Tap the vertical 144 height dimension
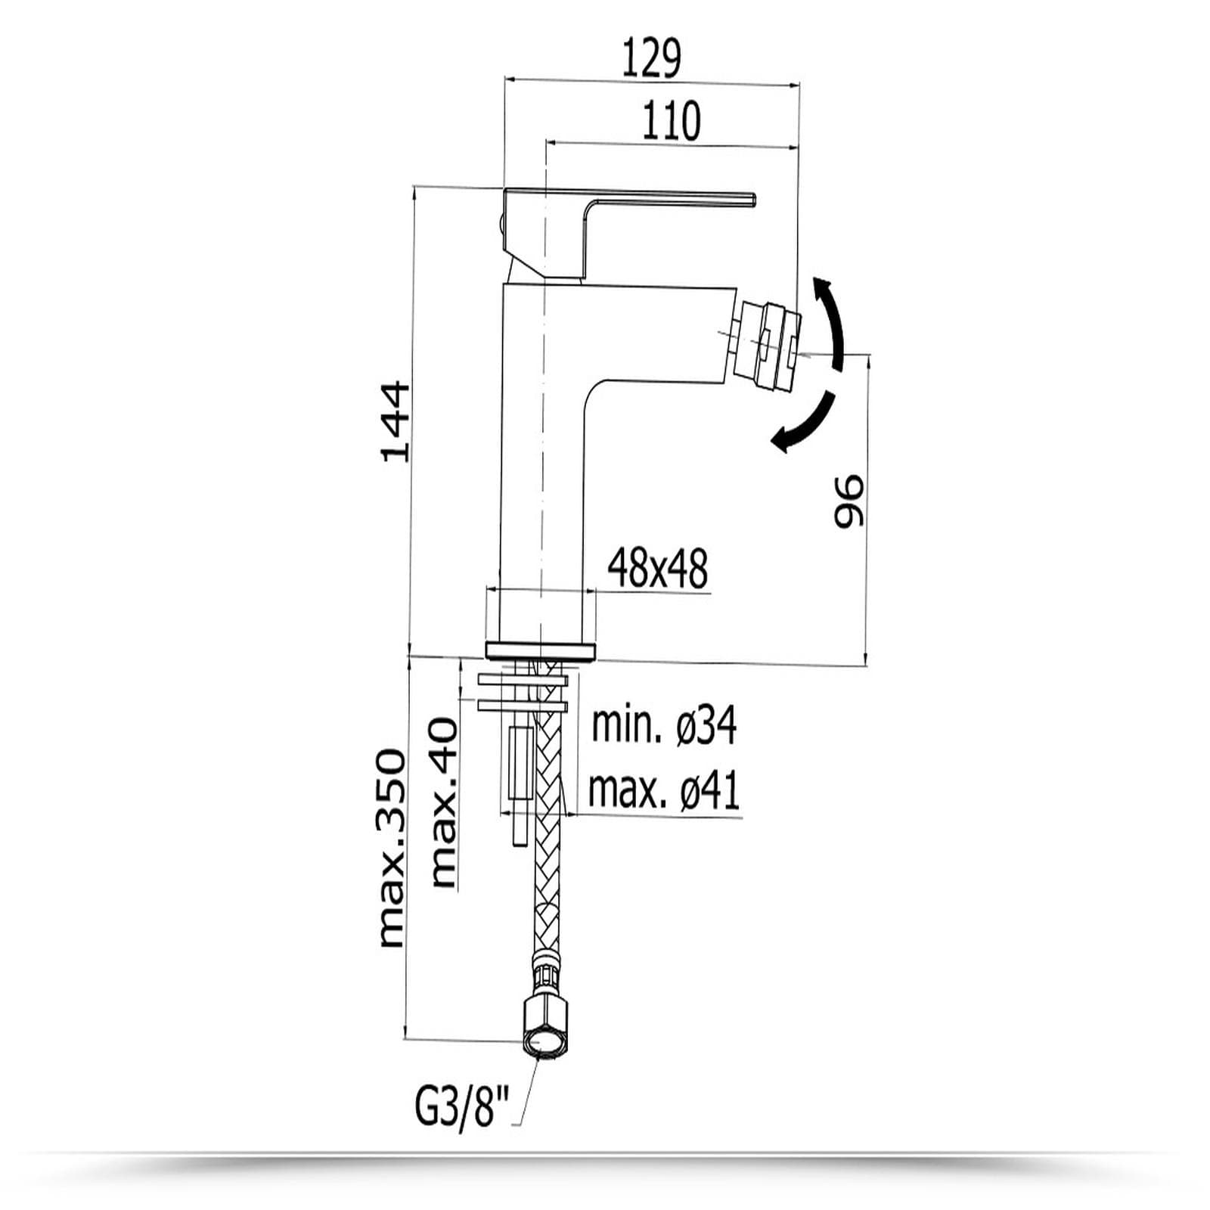point(396,422)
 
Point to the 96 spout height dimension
point(848,501)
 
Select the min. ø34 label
point(664,725)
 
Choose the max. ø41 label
point(664,790)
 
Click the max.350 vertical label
point(392,848)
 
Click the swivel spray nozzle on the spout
point(769,341)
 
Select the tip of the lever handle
point(753,199)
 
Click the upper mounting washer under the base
point(523,681)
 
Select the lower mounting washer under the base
point(523,706)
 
